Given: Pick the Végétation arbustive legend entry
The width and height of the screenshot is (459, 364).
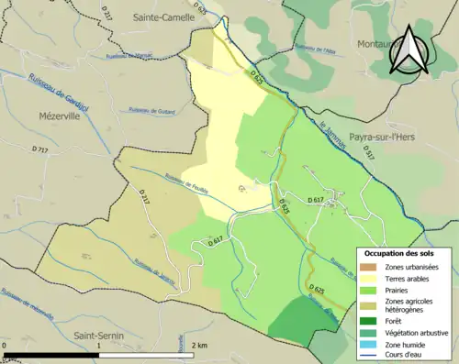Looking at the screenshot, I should (x=417, y=333).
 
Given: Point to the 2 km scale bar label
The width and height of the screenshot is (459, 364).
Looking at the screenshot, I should (x=200, y=345).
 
